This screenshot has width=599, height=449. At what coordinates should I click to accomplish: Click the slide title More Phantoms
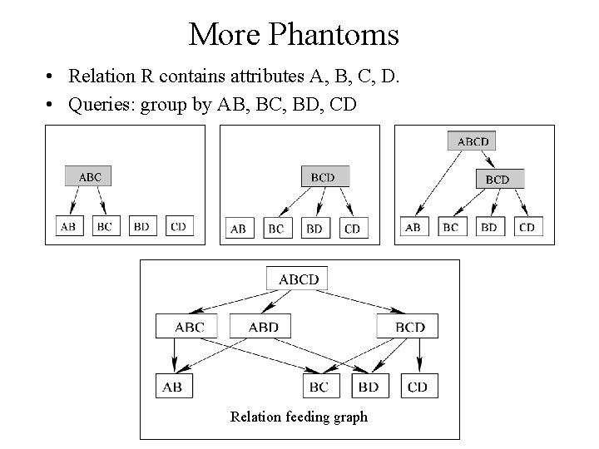coord(294,35)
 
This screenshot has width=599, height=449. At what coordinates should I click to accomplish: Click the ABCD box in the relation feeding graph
coord(298,279)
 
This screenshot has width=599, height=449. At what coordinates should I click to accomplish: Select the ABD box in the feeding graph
coord(263,327)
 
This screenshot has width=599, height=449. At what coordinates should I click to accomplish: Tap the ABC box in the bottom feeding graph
coord(189,327)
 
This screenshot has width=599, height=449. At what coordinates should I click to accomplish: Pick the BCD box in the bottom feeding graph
coord(409,327)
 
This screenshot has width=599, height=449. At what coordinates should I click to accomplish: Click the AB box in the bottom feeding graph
coord(172,387)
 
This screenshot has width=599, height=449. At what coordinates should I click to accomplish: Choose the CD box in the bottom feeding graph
coord(418,387)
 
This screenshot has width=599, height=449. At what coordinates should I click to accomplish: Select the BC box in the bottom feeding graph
coord(319,387)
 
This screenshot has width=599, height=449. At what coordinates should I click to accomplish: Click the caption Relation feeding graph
coord(299,417)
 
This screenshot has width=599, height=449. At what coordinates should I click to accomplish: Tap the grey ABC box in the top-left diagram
coord(90,176)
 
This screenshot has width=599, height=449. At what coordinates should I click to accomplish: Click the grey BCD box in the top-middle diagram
coord(324,176)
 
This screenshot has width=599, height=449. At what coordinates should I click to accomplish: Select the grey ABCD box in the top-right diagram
coord(473,141)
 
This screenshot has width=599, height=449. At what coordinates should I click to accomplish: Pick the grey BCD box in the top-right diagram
coord(497,179)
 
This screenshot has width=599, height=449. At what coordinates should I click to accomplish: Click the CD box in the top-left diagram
coord(177,225)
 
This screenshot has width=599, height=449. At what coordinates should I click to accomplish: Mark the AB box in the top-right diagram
coord(412,227)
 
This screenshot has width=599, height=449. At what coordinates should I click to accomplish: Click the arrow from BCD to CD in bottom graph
coord(418,356)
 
